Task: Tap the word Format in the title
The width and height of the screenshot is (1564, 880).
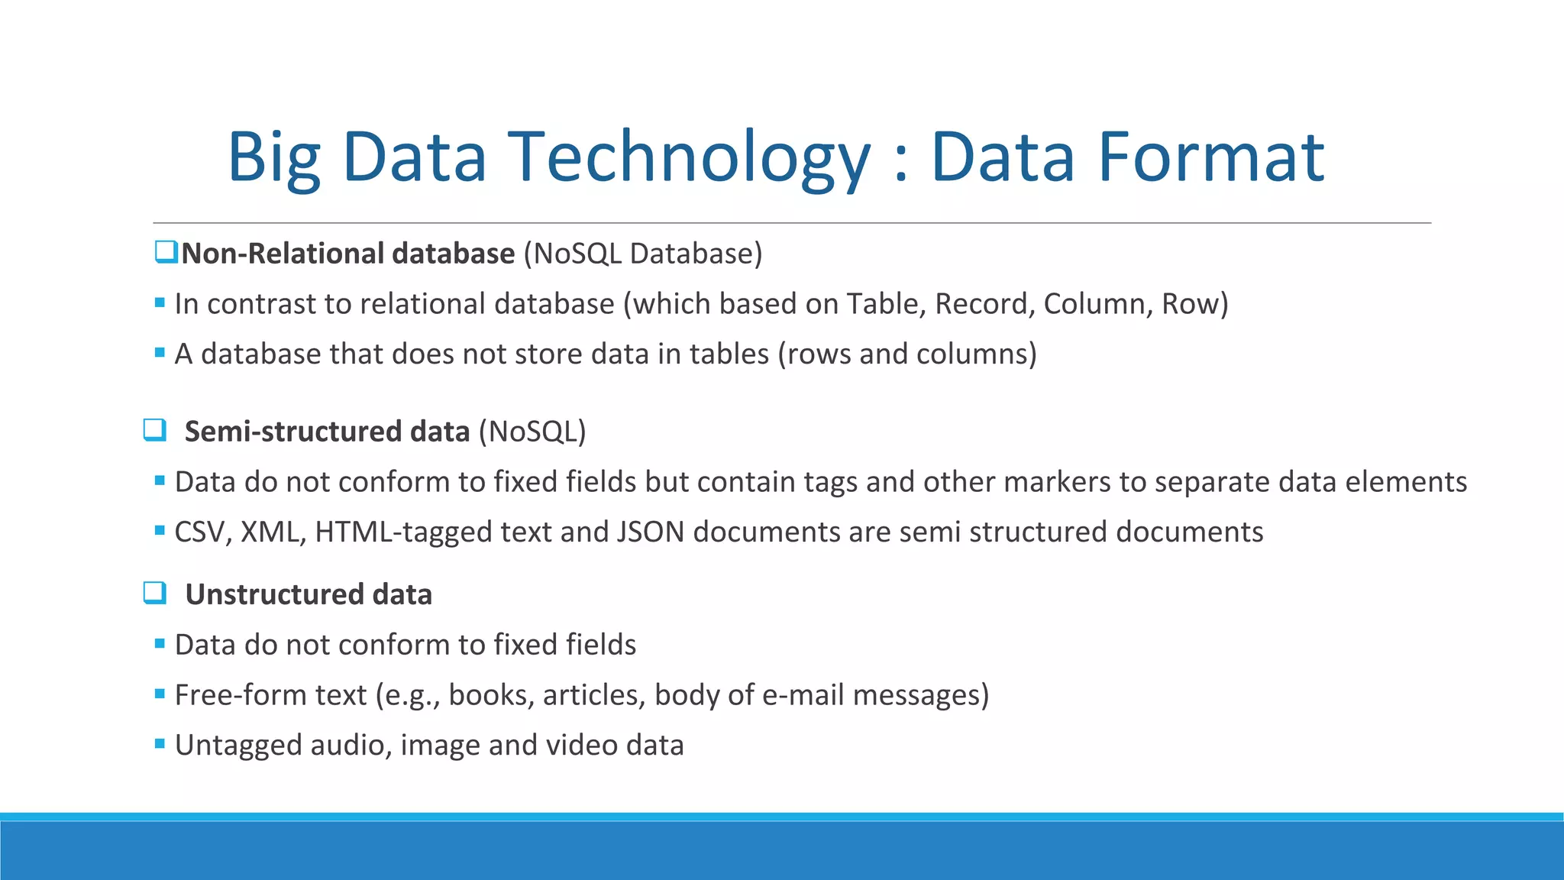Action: (1210, 157)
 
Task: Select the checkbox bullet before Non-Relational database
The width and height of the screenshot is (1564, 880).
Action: (166, 252)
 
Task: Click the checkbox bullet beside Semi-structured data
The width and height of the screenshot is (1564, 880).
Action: (155, 430)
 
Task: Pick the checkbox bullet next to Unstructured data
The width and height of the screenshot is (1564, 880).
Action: (155, 593)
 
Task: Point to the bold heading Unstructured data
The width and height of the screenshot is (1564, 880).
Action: (309, 594)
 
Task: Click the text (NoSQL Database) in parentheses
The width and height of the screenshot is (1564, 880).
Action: (643, 254)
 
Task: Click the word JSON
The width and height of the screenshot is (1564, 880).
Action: (650, 532)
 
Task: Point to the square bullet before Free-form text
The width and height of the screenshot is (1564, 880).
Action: (160, 694)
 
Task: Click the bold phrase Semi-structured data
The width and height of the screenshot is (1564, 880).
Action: (327, 432)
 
